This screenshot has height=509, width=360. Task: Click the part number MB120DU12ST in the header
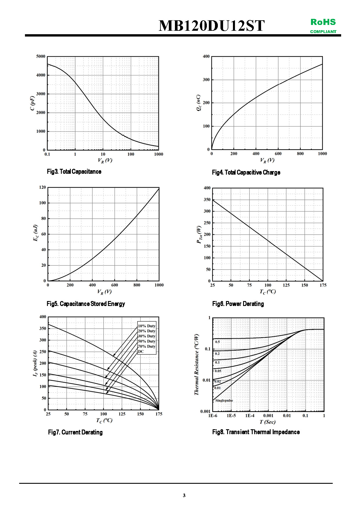[211, 26]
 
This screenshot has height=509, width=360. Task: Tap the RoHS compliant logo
[323, 26]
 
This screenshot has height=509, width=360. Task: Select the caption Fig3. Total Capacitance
[74, 171]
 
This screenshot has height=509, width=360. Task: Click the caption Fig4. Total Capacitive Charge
[246, 172]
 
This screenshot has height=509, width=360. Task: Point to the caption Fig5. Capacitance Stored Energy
[86, 304]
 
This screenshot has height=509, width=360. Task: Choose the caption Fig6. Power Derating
[238, 304]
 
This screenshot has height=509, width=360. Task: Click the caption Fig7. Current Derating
[75, 432]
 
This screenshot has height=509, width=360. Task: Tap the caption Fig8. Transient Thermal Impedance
[256, 432]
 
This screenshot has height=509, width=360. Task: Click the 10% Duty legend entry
[146, 326]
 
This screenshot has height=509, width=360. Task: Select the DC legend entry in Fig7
[141, 351]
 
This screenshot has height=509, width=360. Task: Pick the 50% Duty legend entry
[146, 341]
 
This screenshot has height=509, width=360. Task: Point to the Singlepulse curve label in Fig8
[224, 400]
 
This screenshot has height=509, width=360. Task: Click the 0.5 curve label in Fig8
[218, 342]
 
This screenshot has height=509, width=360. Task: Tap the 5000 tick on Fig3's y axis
[41, 56]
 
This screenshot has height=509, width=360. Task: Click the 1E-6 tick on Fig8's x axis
[213, 416]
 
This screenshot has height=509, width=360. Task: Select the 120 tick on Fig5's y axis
[42, 187]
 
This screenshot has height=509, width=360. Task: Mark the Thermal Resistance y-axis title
[196, 364]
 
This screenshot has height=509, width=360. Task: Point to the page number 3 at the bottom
[184, 495]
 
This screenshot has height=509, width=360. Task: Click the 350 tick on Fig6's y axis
[207, 200]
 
